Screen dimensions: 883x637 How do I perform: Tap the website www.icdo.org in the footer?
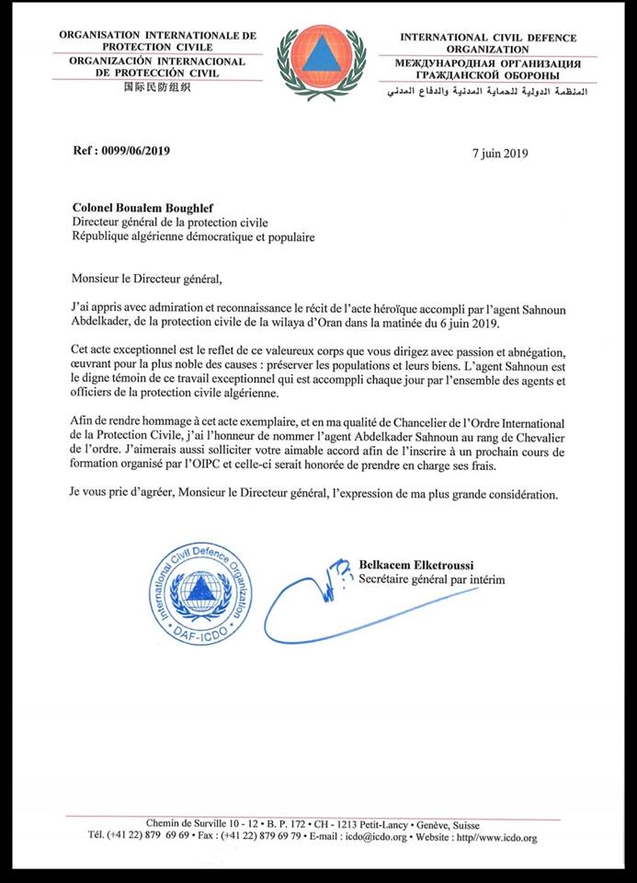pyautogui.click(x=501, y=838)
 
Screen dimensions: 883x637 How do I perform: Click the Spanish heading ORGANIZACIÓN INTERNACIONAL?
pyautogui.click(x=157, y=61)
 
